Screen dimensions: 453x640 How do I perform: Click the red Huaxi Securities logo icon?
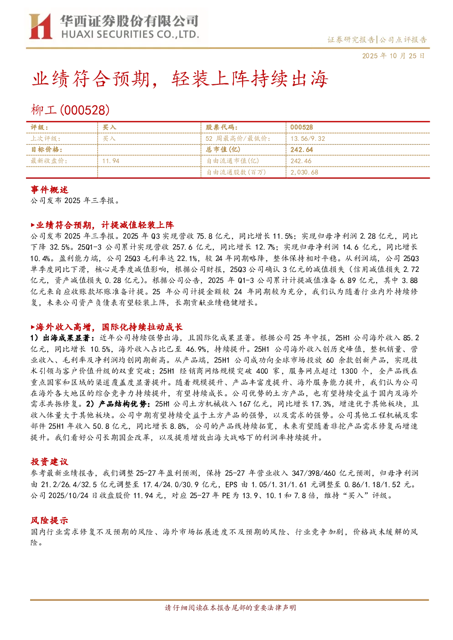tap(41, 26)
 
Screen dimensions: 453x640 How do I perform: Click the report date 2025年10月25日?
tap(393, 56)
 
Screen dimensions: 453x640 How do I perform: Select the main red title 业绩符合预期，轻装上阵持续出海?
tap(180, 79)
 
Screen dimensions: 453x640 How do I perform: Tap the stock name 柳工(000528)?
tap(70, 110)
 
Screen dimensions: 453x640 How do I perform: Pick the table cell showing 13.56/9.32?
tap(308, 139)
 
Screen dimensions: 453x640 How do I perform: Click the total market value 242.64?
tap(302, 150)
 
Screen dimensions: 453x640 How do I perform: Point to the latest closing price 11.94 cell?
tap(111, 161)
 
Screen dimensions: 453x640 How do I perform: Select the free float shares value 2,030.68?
tap(304, 172)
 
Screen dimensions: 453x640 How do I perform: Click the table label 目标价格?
tap(47, 150)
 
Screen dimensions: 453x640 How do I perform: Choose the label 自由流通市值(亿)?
tap(233, 161)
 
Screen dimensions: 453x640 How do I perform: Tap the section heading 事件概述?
tap(49, 190)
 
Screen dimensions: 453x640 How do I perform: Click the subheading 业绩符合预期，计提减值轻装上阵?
tap(102, 225)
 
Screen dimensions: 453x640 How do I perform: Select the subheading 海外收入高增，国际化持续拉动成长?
tap(107, 327)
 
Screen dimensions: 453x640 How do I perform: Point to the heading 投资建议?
tap(49, 462)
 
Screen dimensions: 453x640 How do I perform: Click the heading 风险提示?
tap(49, 520)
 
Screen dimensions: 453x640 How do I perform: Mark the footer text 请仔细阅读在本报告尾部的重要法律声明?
tap(230, 608)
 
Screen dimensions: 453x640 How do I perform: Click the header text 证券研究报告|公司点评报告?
tap(377, 40)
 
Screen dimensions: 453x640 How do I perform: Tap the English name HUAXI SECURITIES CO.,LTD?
tap(130, 35)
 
